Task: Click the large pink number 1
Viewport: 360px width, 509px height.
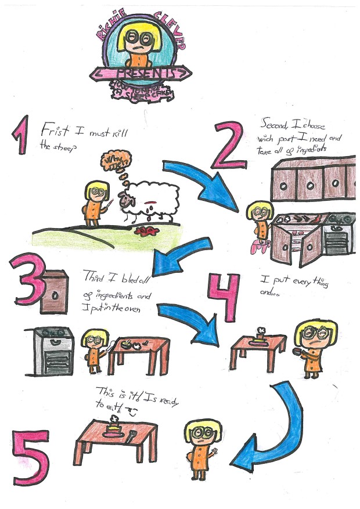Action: (x=21, y=135)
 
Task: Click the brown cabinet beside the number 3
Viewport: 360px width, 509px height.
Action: (x=56, y=292)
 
